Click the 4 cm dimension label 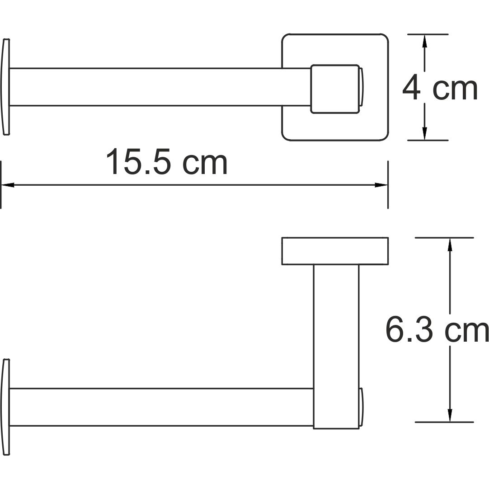440,88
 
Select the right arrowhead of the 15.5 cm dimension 381,185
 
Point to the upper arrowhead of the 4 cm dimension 424,41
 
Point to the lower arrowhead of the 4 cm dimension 424,133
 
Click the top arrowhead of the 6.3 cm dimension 450,244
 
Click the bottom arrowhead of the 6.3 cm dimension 450,415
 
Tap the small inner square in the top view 335,88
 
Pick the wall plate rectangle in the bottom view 335,251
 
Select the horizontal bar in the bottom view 158,407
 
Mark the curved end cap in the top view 5,87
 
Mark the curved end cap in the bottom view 5,407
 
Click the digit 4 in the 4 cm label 411,88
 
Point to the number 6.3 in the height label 409,330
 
